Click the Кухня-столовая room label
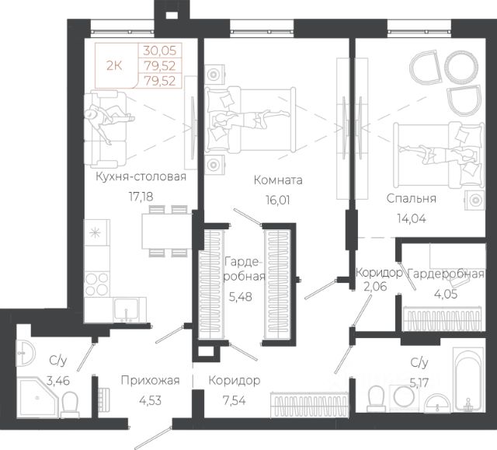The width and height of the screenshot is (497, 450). (x=141, y=176)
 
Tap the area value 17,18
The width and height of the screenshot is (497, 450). (x=141, y=197)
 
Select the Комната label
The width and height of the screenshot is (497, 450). (x=278, y=180)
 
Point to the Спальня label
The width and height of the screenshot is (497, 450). (x=411, y=198)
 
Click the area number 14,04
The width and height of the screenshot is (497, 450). (x=412, y=218)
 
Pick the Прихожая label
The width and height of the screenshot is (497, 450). (x=150, y=380)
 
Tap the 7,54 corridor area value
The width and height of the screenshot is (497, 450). (x=234, y=400)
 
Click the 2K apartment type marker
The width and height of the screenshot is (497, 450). (x=114, y=66)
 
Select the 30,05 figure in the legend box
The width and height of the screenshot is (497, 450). (x=159, y=50)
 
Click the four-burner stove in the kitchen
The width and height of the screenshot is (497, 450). (x=97, y=284)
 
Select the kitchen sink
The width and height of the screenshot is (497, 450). (x=126, y=309)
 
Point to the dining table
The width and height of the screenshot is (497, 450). (x=167, y=231)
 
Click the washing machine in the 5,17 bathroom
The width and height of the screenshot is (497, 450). (x=404, y=396)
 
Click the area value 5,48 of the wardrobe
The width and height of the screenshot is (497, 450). (x=240, y=297)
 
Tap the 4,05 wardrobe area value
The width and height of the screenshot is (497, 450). (x=446, y=294)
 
